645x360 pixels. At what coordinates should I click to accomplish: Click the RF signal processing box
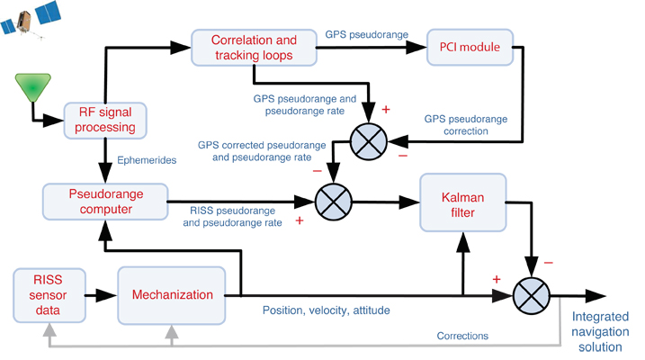(106, 120)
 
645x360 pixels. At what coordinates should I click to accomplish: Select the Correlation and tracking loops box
(254, 48)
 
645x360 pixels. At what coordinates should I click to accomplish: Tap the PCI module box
(470, 46)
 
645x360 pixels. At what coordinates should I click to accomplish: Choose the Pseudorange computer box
(106, 200)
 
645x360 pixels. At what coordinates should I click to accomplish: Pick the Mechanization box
(172, 294)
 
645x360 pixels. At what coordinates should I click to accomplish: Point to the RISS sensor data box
(50, 294)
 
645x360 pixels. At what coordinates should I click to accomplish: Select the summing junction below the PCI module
(368, 139)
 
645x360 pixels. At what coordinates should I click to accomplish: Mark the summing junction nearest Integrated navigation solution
(532, 295)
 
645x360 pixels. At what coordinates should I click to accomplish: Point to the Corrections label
(461, 335)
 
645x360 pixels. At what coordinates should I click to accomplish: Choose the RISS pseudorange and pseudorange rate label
(235, 217)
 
